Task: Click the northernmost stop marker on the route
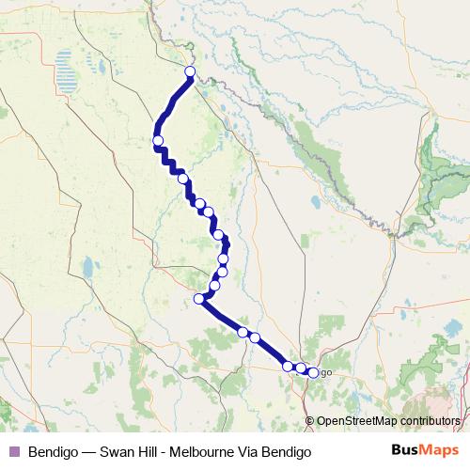pos(190,72)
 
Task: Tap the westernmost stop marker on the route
pos(158,142)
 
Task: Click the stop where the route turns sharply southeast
pos(198,299)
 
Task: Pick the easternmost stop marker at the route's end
pos(313,373)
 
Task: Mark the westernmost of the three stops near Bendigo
pos(288,366)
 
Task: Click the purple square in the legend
pos(13,451)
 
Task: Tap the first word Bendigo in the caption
pos(54,451)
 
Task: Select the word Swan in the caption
pos(120,451)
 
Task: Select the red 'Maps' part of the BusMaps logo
pos(438,450)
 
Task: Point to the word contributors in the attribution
pos(429,421)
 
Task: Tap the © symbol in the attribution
pos(310,421)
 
